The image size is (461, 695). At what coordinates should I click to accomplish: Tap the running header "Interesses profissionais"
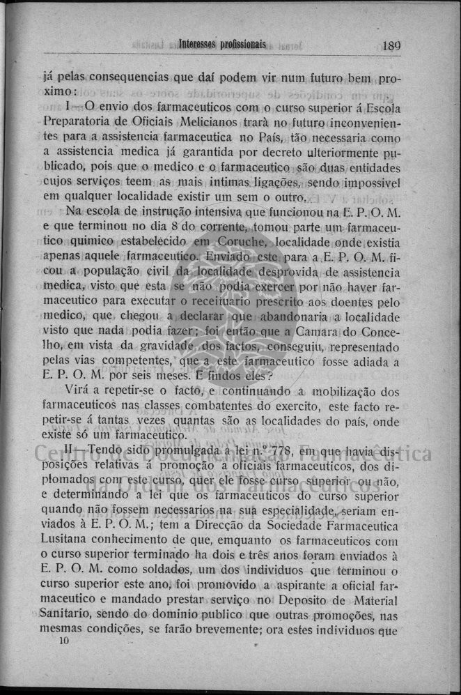222,45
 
